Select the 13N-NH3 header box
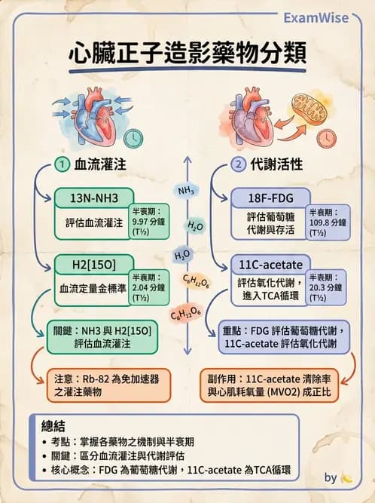pyautogui.click(x=94, y=198)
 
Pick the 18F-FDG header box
pyautogui.click(x=269, y=198)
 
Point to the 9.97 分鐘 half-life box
pyautogui.click(x=150, y=222)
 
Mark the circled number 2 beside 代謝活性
pyautogui.click(x=238, y=164)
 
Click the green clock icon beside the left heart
pyautogui.click(x=133, y=138)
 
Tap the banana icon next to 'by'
pyautogui.click(x=346, y=477)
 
